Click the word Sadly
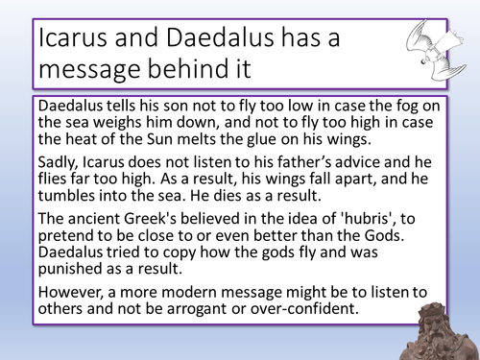(x=59, y=169)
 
